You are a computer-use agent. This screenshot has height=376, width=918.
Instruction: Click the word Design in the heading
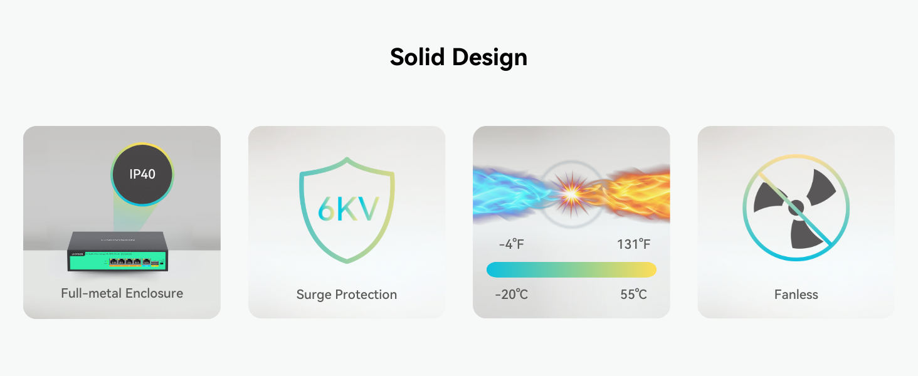click(490, 57)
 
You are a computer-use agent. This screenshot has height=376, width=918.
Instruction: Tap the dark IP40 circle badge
click(142, 174)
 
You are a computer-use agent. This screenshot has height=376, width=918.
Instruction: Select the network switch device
click(117, 252)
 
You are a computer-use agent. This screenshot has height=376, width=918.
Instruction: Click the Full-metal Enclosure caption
click(122, 293)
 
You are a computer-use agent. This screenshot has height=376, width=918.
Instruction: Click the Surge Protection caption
click(346, 295)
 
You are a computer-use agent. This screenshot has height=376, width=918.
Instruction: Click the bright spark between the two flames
click(571, 192)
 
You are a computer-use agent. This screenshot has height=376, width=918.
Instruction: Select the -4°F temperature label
click(511, 244)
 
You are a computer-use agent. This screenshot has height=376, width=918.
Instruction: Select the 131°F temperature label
click(633, 244)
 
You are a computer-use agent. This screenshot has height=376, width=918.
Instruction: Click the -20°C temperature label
click(511, 295)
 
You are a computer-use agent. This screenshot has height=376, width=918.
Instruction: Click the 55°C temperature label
click(633, 295)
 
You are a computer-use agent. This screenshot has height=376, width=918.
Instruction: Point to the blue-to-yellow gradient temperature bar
click(571, 269)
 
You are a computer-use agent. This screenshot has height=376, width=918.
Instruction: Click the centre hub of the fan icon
click(796, 207)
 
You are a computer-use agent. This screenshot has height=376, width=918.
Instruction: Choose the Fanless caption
click(796, 295)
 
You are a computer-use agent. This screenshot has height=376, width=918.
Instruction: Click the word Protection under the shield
click(366, 295)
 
